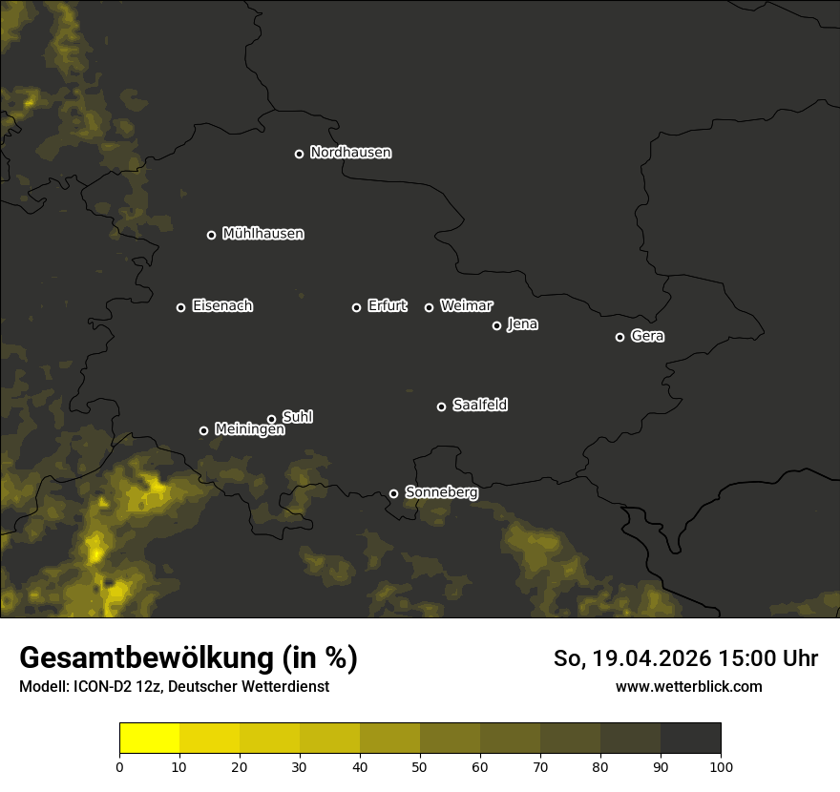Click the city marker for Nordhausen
coord(299,154)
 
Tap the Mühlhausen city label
coord(262,234)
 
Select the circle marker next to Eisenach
coord(180,307)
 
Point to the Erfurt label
coord(387,306)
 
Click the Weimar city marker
coord(429,307)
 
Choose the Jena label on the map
coord(522,324)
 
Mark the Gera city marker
coord(619,337)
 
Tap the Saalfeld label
coord(479,406)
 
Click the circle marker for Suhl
coord(271,419)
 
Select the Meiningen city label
coord(249,430)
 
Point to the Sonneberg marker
coord(393,493)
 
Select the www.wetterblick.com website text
coord(688,686)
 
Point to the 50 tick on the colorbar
coord(420,765)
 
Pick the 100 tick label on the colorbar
coord(720,765)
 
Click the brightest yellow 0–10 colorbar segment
coord(150,739)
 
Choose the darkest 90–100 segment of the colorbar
coord(690,739)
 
